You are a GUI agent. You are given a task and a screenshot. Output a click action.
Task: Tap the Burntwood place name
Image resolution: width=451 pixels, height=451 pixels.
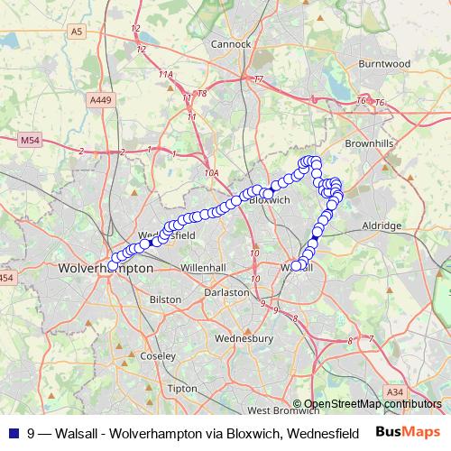pos(384,64)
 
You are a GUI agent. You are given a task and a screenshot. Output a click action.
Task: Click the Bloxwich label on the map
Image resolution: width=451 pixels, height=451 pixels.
pos(267,199)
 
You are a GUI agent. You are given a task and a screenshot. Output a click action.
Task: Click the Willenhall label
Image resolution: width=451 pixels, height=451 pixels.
pos(203,268)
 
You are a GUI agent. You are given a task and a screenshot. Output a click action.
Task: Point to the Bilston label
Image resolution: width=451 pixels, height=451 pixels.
pos(165,299)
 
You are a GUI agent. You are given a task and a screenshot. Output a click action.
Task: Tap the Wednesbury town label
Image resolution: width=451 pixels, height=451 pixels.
pos(244,338)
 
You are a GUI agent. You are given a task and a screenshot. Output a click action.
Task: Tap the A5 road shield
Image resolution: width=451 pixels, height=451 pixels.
pos(77,31)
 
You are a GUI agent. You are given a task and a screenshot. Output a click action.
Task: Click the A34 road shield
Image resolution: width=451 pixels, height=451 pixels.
pos(394,391)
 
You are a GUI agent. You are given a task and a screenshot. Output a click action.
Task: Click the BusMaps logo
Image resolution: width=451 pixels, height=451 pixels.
pos(408,432)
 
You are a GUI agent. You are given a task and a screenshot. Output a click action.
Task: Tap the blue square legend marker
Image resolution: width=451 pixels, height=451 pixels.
pos(14,432)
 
